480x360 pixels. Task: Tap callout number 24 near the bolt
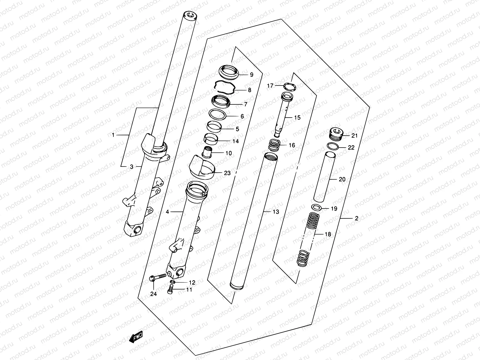coord(153,294)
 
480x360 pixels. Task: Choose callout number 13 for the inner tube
coord(276,212)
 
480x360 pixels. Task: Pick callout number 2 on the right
coord(356,218)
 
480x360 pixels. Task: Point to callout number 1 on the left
coord(113,135)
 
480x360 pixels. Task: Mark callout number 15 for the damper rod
coord(297,118)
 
